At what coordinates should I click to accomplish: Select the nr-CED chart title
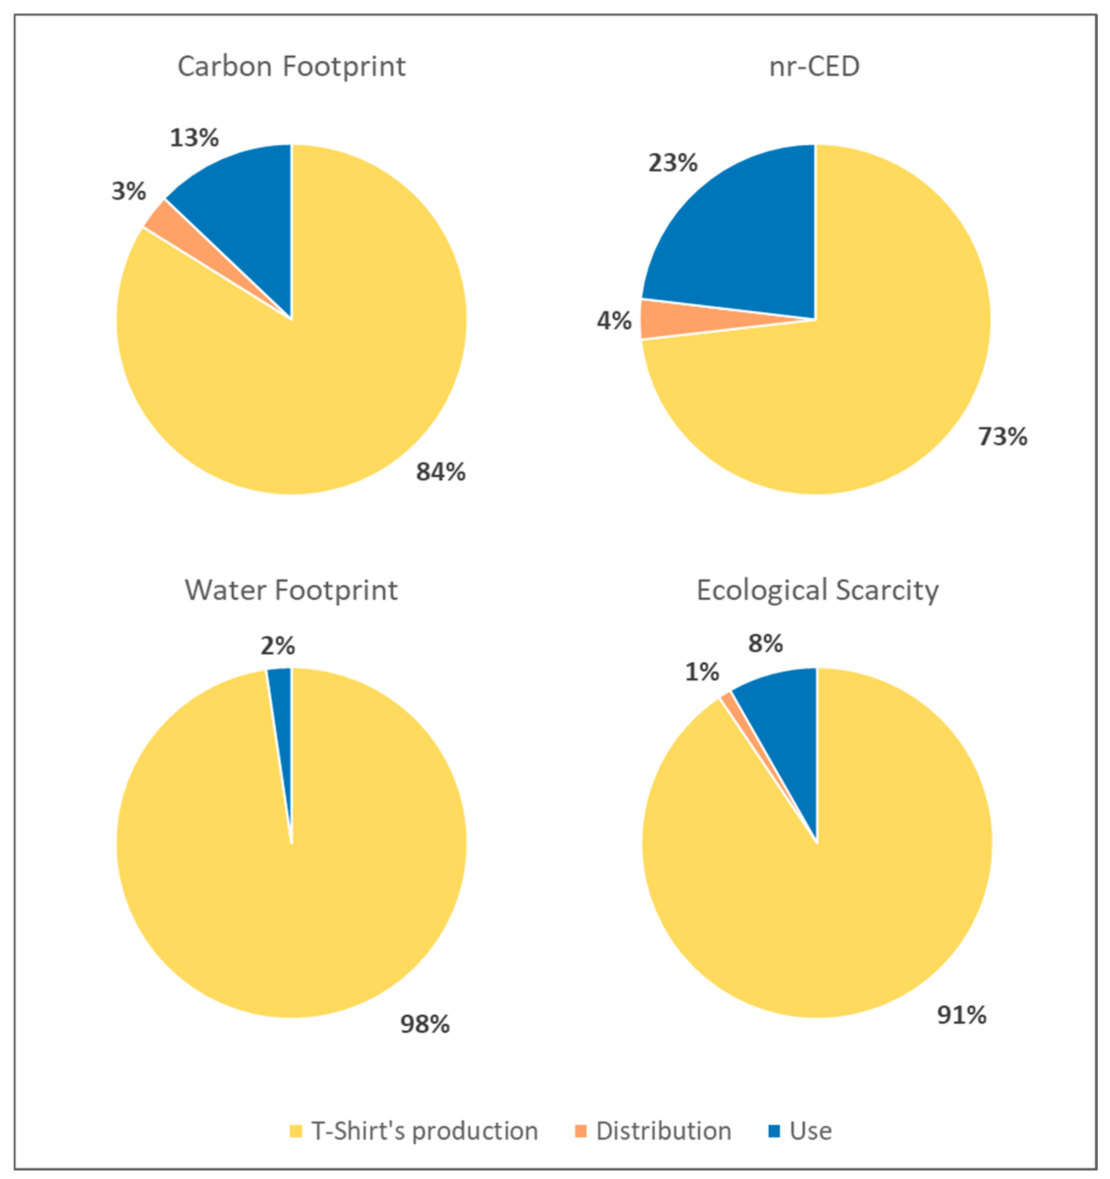[814, 66]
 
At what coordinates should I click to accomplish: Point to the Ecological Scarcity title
[817, 591]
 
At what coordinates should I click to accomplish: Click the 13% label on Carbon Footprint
[194, 138]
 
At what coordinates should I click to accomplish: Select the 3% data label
[129, 192]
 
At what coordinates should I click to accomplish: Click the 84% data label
[441, 472]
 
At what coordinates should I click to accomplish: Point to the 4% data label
[614, 321]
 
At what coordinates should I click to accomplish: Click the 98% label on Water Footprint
[424, 1024]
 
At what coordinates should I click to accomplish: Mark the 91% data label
[961, 1015]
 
